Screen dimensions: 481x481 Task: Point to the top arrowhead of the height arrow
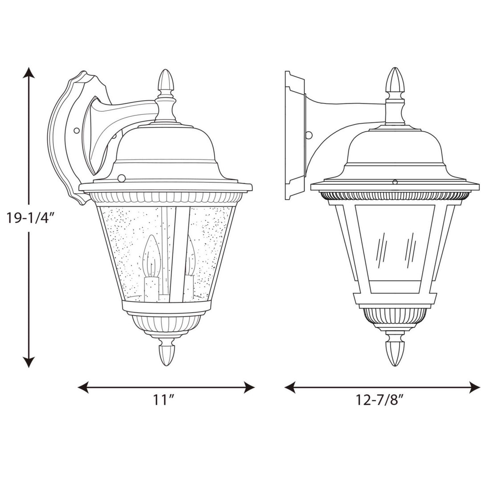[29, 73]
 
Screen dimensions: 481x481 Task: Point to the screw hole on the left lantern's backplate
[77, 130]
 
